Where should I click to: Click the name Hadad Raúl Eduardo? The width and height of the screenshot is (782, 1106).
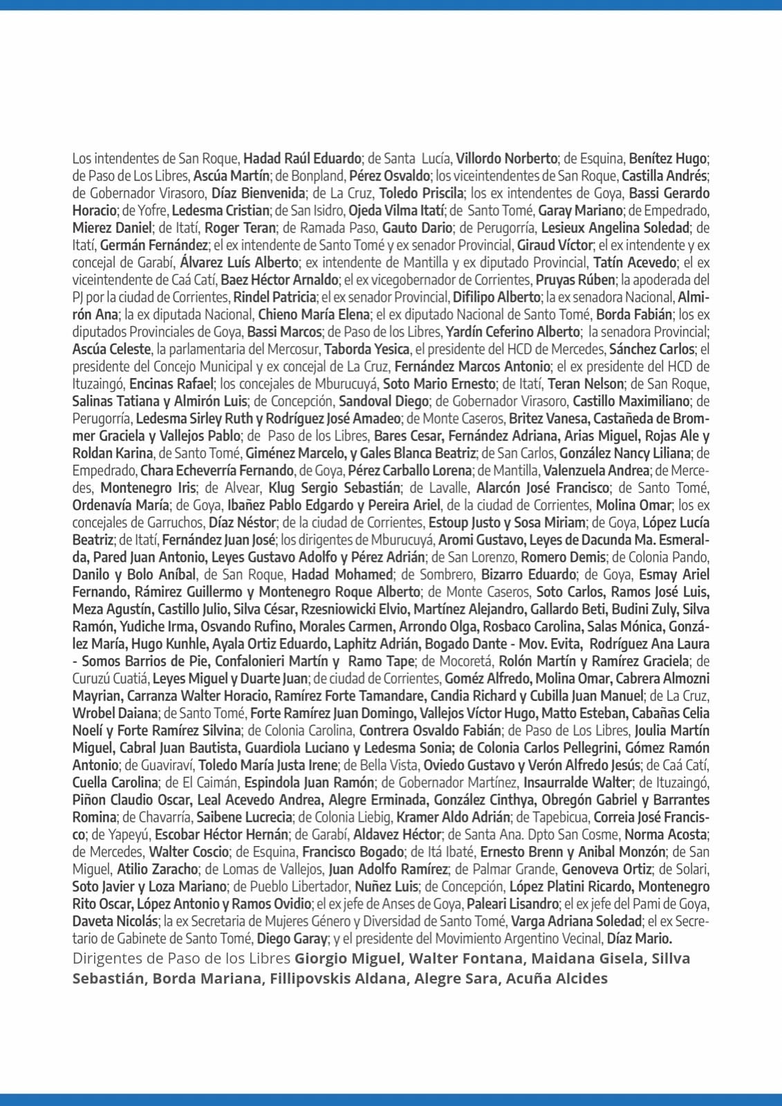click(302, 158)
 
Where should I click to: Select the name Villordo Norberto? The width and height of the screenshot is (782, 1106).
click(506, 158)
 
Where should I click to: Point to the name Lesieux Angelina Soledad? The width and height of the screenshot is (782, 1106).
click(615, 227)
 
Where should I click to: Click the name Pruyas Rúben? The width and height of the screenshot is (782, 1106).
click(575, 280)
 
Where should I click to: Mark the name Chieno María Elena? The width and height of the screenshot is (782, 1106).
click(313, 315)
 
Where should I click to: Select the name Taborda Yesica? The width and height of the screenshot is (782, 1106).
click(367, 349)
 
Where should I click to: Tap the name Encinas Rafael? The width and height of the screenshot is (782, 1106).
click(171, 384)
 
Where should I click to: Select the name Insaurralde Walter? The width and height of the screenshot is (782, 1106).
click(577, 782)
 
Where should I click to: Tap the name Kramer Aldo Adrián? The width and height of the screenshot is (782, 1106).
click(453, 817)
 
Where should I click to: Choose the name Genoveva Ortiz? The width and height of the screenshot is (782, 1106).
click(606, 869)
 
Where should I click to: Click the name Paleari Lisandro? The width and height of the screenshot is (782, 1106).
click(512, 903)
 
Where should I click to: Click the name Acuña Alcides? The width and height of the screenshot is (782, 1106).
click(557, 979)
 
